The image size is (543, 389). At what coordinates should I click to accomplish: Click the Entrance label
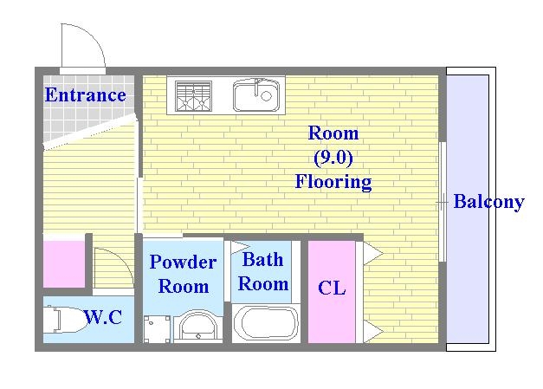(85, 95)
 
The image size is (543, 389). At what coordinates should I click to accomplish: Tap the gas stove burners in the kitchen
(193, 96)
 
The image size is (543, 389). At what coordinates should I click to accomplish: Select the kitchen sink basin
(256, 95)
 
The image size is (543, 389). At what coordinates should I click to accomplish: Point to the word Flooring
(333, 182)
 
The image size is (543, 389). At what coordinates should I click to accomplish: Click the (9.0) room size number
(333, 158)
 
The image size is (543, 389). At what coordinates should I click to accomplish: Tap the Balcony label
(489, 202)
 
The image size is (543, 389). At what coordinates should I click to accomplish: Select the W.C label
(103, 316)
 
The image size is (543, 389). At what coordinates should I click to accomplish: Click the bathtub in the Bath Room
(266, 323)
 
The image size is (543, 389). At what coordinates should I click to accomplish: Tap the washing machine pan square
(157, 328)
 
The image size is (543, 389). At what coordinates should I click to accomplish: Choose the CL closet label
(332, 288)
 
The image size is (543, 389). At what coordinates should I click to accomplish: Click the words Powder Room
(184, 274)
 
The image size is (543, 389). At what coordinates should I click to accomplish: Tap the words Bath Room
(263, 272)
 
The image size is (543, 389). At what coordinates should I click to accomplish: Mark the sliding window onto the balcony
(443, 202)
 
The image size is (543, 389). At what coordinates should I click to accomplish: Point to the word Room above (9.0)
(333, 133)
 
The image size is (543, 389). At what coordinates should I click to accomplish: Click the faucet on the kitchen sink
(257, 87)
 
